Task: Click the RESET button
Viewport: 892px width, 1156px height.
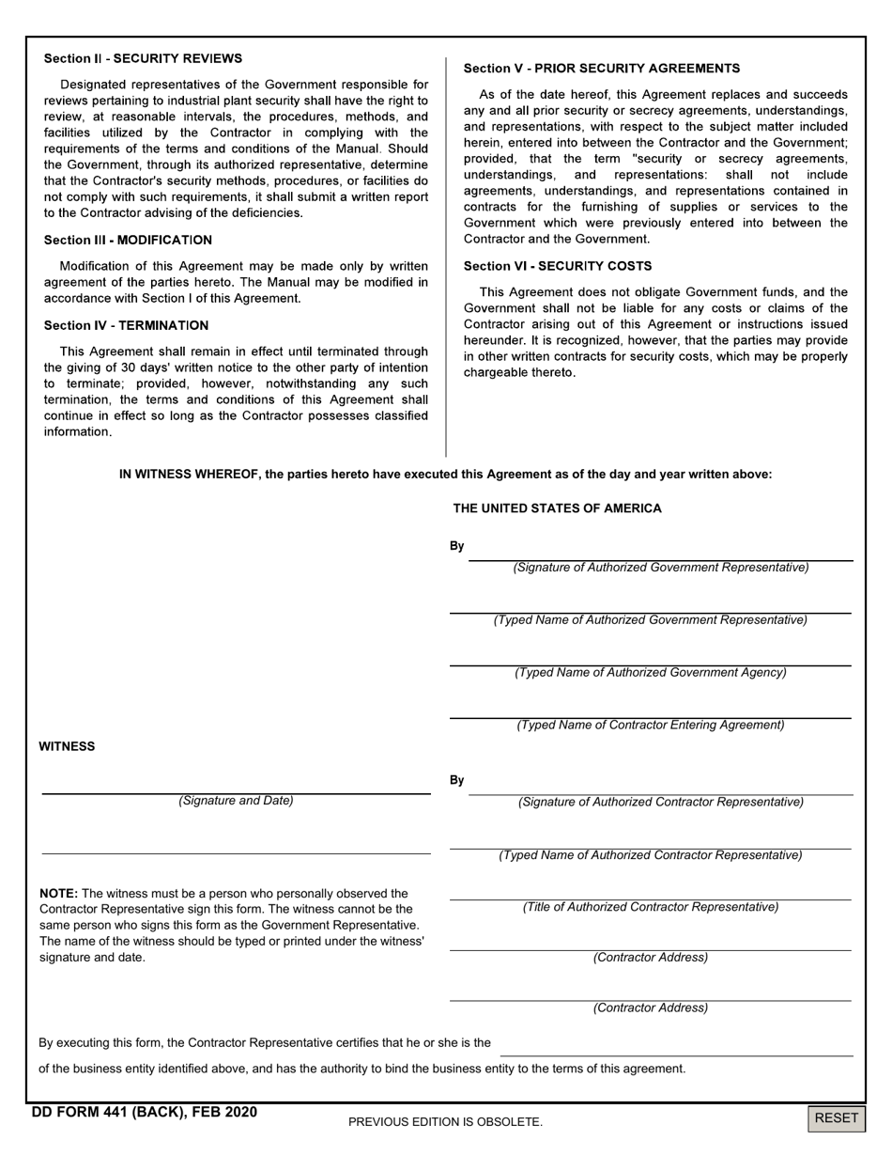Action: click(x=836, y=1117)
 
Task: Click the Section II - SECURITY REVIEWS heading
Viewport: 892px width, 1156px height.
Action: click(x=143, y=58)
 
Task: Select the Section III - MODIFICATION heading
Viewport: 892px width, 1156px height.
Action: click(x=128, y=240)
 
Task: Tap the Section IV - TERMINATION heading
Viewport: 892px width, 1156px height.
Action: click(x=126, y=325)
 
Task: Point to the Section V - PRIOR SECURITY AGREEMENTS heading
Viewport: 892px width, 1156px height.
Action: click(x=602, y=69)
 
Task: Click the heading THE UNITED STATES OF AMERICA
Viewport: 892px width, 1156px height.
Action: click(x=557, y=508)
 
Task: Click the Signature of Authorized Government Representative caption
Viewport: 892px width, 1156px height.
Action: click(x=660, y=568)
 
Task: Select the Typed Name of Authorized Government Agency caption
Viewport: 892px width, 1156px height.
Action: click(x=651, y=673)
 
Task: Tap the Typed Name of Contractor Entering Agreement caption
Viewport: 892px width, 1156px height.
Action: click(x=651, y=726)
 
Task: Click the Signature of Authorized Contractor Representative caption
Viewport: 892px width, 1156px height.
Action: click(x=661, y=803)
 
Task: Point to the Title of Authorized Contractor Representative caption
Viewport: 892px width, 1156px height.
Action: click(x=651, y=907)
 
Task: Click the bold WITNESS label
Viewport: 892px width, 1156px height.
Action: click(x=67, y=746)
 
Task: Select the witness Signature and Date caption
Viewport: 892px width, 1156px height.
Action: click(x=236, y=801)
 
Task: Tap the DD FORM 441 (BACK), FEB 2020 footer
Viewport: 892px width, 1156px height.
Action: click(x=144, y=1113)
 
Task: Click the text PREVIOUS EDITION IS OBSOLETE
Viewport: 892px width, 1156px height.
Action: click(x=445, y=1121)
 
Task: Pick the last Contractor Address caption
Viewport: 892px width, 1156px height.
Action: click(x=651, y=1008)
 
